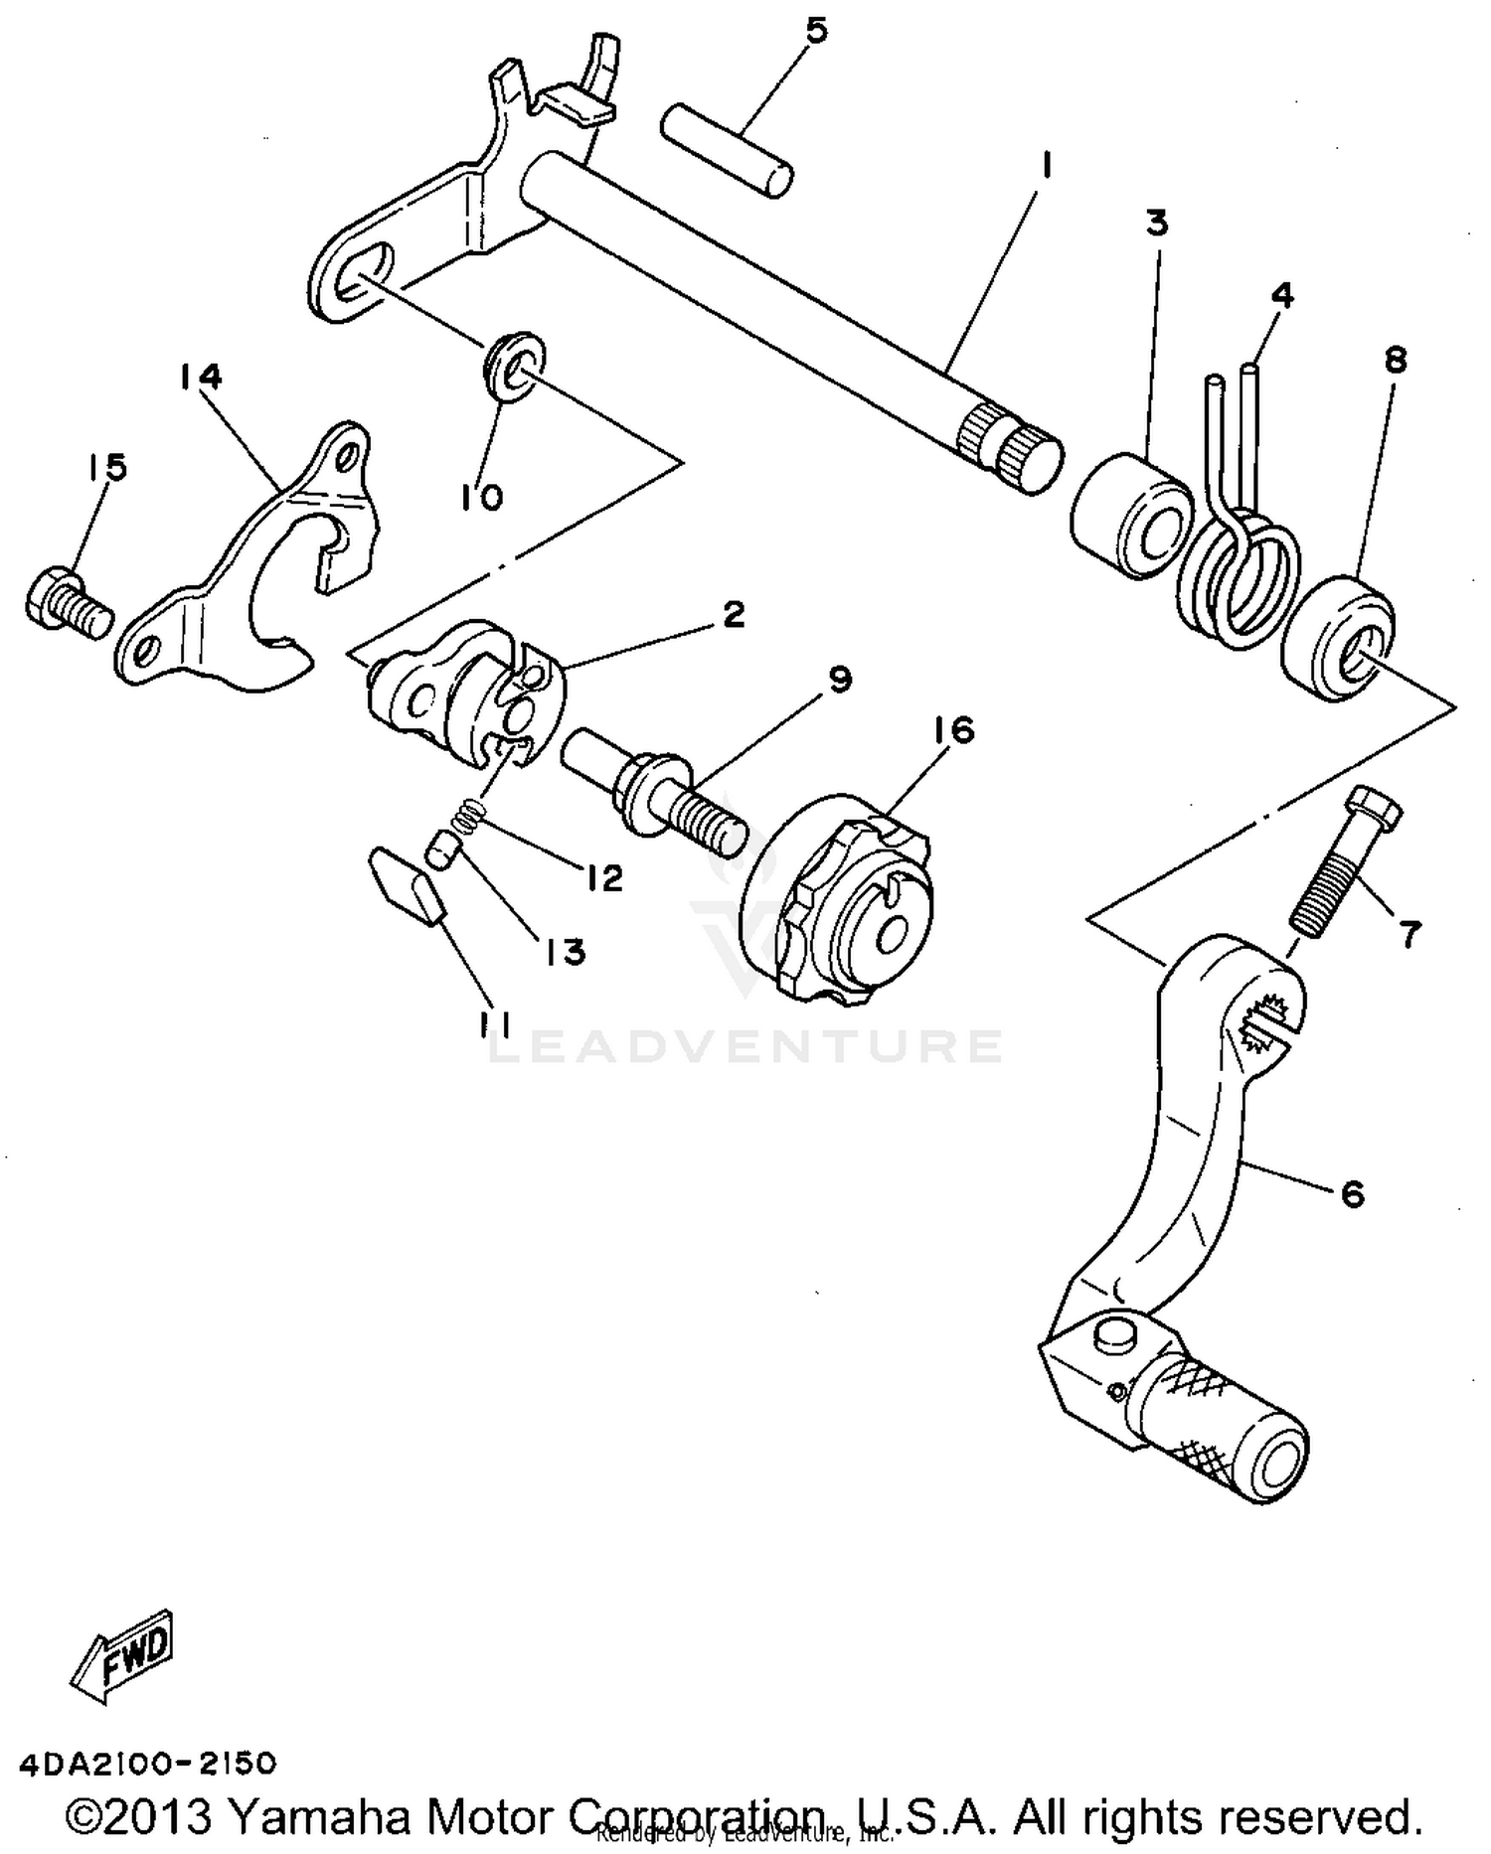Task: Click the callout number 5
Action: [815, 31]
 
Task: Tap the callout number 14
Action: [201, 376]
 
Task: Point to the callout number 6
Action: [1353, 1193]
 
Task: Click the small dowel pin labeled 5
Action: [728, 151]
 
